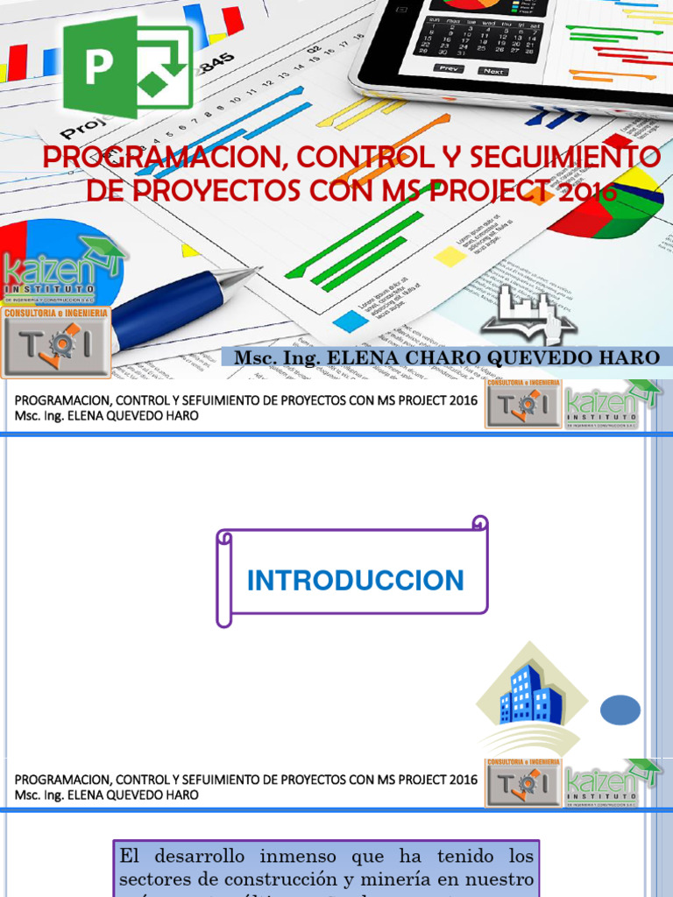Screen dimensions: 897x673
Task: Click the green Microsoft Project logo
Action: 127,67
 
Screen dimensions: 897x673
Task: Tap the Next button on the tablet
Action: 494,71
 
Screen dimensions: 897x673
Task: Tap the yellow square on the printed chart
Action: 450,256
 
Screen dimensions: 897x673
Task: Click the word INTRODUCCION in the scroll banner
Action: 355,580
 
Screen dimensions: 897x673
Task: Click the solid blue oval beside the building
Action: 620,710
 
